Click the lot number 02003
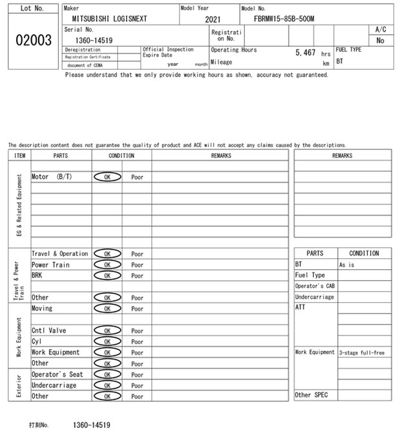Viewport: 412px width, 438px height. pos(34,40)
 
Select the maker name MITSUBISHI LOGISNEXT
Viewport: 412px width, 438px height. pos(109,19)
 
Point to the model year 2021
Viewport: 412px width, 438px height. pos(213,19)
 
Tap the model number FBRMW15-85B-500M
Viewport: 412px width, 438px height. pos(284,19)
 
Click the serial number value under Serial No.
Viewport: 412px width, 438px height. pos(94,41)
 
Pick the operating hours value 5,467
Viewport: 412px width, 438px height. pos(305,52)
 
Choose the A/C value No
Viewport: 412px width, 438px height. pos(380,41)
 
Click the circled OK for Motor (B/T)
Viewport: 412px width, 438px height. pos(107,177)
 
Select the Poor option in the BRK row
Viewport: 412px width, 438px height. pos(137,276)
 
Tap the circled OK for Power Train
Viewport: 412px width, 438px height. pos(107,265)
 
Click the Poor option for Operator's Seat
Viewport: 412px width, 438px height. pos(137,375)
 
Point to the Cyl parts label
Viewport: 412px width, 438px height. pos(37,342)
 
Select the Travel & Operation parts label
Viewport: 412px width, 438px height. pos(60,254)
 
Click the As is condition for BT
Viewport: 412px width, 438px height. pos(347,265)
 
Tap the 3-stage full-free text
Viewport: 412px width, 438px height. pos(361,353)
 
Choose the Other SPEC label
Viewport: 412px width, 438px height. pos(311,395)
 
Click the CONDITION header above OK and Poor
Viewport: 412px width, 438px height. pos(121,156)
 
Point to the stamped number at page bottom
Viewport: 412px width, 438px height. pos(91,425)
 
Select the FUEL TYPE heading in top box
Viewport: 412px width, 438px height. pos(348,50)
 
